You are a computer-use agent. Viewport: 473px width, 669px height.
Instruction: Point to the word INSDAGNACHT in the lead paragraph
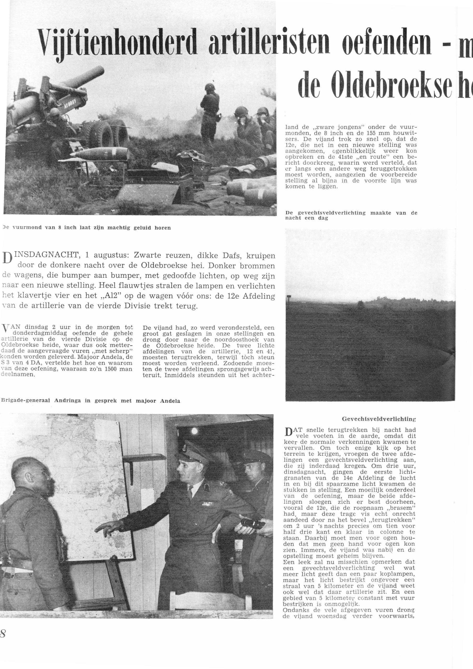click(47, 256)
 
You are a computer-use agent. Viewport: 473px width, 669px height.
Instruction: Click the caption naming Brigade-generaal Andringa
click(90, 401)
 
